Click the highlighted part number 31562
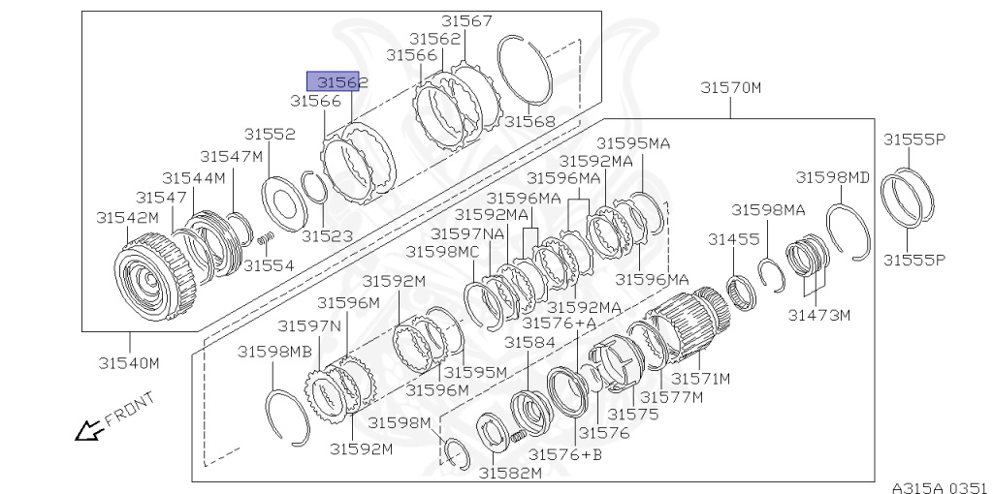336,82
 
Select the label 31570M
731,88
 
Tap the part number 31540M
128,363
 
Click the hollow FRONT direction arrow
89,428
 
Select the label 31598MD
833,177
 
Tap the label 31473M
818,315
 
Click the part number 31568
529,122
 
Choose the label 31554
269,264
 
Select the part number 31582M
510,472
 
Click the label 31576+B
563,454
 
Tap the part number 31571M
701,378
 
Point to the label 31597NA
467,233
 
